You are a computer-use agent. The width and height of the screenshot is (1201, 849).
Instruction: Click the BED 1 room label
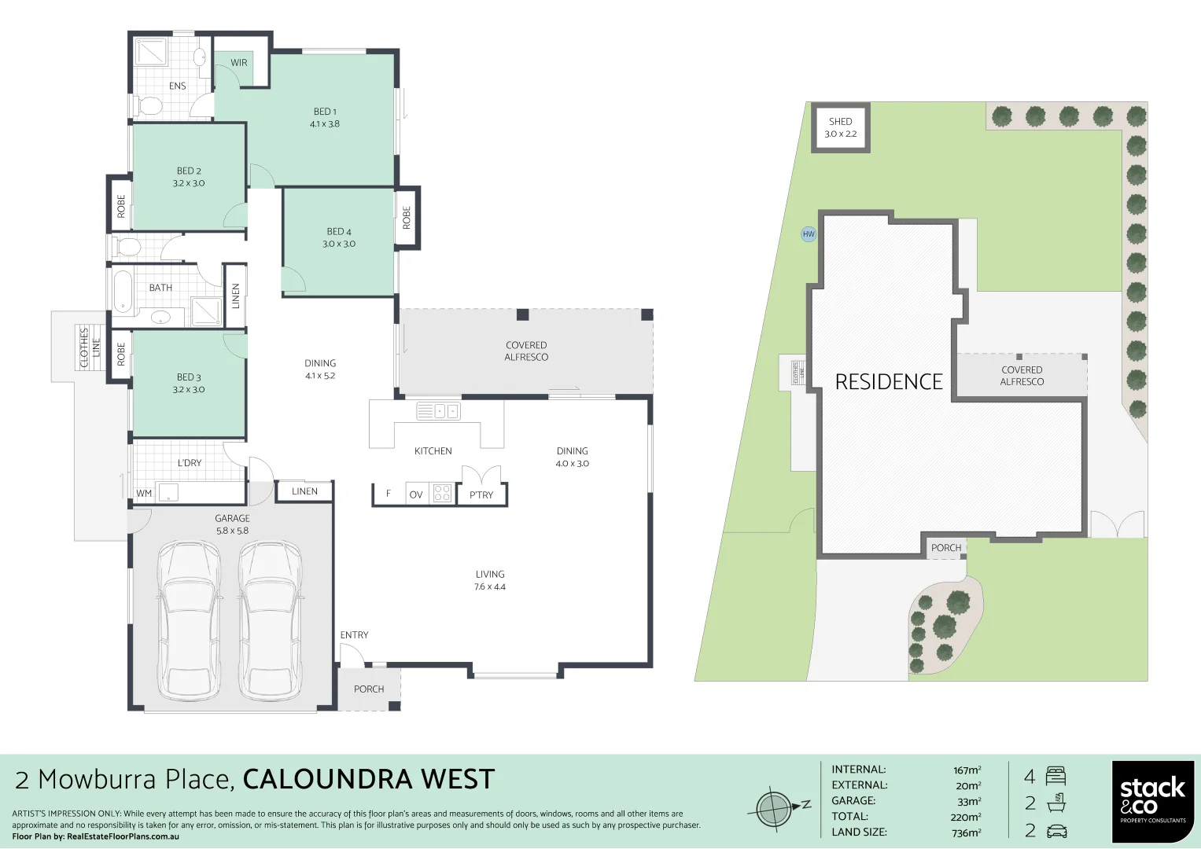pos(325,118)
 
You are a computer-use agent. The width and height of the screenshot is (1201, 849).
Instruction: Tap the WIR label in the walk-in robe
pos(239,63)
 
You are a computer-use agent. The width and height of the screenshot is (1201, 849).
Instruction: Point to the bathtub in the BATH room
pos(123,291)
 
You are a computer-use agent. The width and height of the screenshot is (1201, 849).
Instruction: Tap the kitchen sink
pos(438,411)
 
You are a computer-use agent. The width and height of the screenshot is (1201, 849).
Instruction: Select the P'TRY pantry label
pos(481,494)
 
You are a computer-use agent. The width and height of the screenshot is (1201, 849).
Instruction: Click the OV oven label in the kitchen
pos(416,494)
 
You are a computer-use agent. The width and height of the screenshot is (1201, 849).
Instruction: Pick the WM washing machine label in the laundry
pos(144,494)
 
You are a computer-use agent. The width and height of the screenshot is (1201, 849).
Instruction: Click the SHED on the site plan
pos(840,127)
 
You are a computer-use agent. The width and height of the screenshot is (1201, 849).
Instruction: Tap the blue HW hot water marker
pos(809,234)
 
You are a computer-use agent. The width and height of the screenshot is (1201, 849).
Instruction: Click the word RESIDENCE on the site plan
pos(889,382)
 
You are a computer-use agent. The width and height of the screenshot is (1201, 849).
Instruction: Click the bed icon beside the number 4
pos(1055,777)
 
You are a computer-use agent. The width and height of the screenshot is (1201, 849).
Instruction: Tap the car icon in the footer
pos(1056,831)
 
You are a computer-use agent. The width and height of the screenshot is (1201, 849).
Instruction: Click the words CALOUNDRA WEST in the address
pos(369,779)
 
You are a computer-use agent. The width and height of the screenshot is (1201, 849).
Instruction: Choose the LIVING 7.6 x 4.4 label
pos(489,580)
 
